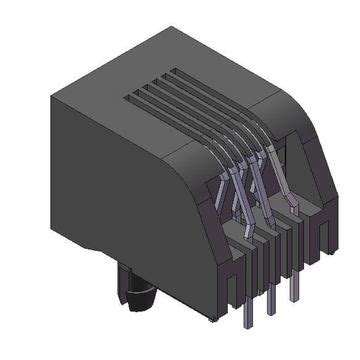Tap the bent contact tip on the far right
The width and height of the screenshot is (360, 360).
click(x=293, y=204)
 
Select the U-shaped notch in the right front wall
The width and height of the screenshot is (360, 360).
click(x=320, y=222)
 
